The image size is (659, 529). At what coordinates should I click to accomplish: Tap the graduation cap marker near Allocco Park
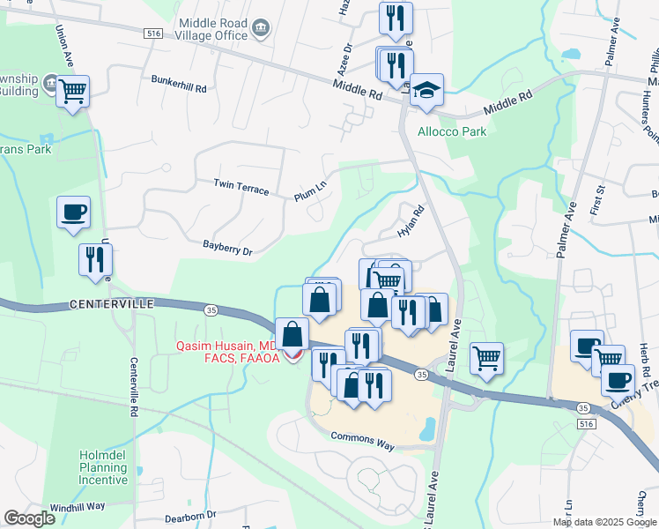426,90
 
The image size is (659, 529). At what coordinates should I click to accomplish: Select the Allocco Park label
451,131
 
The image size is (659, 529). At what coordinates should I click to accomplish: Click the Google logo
30,519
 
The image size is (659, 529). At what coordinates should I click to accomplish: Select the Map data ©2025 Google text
603,522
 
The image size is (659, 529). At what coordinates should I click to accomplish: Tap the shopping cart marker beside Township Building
73,90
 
